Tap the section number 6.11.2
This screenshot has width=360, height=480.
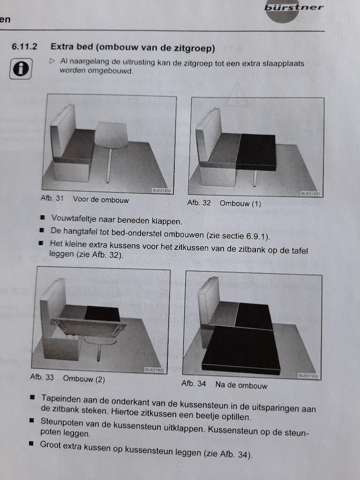pyautogui.click(x=25, y=47)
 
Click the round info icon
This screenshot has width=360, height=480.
pyautogui.click(x=21, y=69)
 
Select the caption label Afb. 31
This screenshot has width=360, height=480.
pyautogui.click(x=52, y=198)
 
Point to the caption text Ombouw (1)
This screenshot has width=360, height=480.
pyautogui.click(x=240, y=203)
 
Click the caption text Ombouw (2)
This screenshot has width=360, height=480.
pyautogui.click(x=84, y=379)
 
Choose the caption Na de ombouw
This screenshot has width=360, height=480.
pyautogui.click(x=241, y=385)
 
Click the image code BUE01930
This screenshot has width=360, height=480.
pyautogui.click(x=162, y=191)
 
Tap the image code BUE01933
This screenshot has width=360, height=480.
pyautogui.click(x=308, y=376)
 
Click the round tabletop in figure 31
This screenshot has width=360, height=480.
pyautogui.click(x=112, y=135)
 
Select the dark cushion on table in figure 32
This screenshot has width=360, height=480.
pyautogui.click(x=256, y=151)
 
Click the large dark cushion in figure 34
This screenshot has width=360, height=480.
pyautogui.click(x=241, y=349)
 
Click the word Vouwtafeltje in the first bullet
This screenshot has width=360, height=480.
pyautogui.click(x=73, y=218)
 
